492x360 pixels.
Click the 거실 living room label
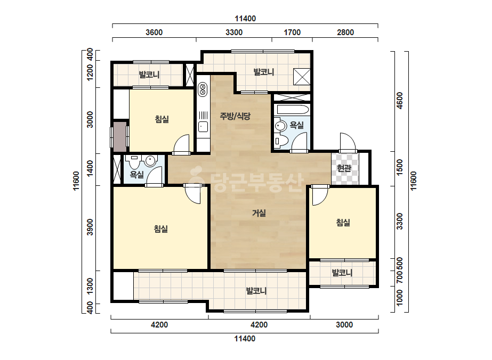[259, 213]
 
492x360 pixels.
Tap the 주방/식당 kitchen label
[235, 116]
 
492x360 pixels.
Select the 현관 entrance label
[344, 168]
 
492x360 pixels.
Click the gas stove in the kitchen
[203, 89]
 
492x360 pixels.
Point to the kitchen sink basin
[203, 127]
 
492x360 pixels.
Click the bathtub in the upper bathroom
[292, 110]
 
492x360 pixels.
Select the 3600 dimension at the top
[154, 32]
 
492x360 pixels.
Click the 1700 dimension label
[292, 32]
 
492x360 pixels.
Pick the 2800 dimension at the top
[345, 32]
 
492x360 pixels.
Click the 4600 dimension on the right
[399, 101]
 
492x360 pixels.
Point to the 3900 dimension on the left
[90, 227]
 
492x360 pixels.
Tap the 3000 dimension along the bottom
[344, 324]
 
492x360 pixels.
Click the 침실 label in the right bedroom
[343, 223]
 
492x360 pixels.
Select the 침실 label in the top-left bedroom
[162, 119]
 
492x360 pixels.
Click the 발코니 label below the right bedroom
[342, 273]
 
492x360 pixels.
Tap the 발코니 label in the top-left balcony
[149, 75]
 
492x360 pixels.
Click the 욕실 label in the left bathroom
[137, 174]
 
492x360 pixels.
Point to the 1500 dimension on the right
[399, 167]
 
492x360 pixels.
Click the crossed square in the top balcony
[302, 77]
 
